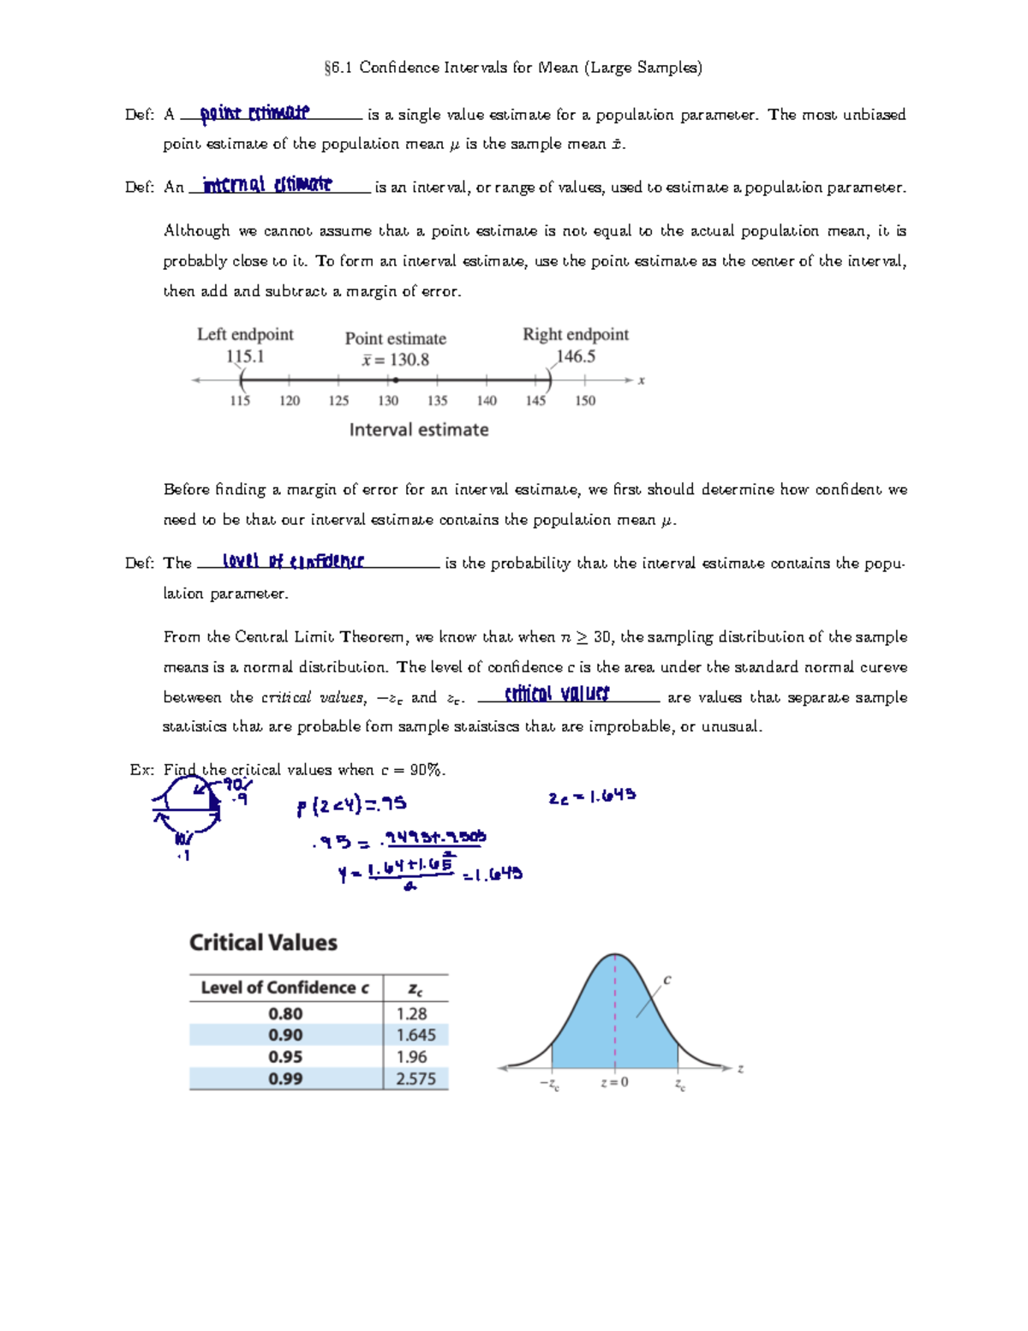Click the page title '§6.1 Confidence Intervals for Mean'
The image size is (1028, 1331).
pyautogui.click(x=513, y=68)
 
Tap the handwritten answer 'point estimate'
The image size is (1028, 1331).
pyautogui.click(x=254, y=113)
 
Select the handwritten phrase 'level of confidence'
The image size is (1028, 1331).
pyautogui.click(x=293, y=561)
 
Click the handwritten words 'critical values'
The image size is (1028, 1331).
pyautogui.click(x=557, y=694)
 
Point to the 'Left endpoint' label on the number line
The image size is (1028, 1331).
pyautogui.click(x=245, y=334)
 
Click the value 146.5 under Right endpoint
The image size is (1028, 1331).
pyautogui.click(x=575, y=356)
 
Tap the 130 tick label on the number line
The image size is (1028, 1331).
pyautogui.click(x=388, y=400)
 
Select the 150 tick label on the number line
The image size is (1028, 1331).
pyautogui.click(x=585, y=400)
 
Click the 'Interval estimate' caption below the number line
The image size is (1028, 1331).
pyautogui.click(x=419, y=430)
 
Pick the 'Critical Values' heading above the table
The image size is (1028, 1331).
pyautogui.click(x=263, y=942)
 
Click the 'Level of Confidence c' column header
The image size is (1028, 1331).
pyautogui.click(x=284, y=988)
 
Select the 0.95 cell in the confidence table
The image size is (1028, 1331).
pyautogui.click(x=285, y=1057)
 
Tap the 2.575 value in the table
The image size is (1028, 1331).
pyautogui.click(x=415, y=1079)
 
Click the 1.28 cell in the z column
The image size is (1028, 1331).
pyautogui.click(x=411, y=1013)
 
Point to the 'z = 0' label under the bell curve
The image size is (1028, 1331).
pyautogui.click(x=614, y=1083)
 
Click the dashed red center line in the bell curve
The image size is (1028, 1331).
pyautogui.click(x=615, y=1011)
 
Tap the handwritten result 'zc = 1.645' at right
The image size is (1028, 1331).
pyautogui.click(x=592, y=797)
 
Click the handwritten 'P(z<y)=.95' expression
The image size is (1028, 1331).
pyautogui.click(x=351, y=805)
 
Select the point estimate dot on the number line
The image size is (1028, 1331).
pyautogui.click(x=395, y=380)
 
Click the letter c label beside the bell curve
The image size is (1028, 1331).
pyautogui.click(x=667, y=980)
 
